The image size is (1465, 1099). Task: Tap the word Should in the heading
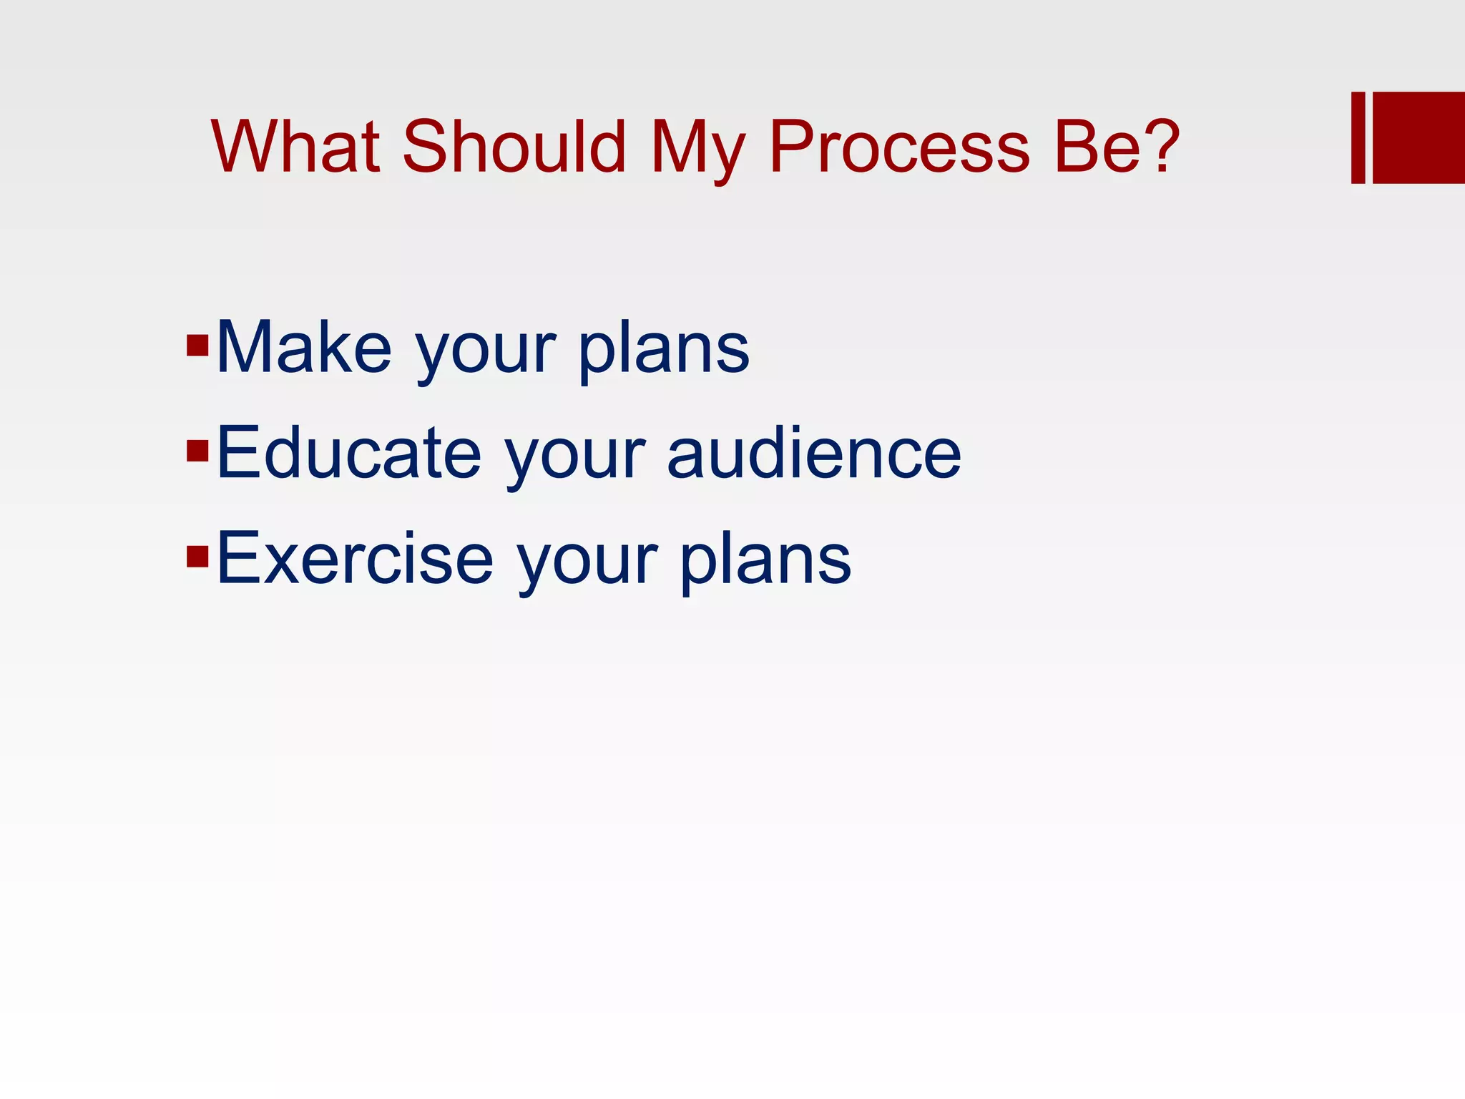(x=514, y=147)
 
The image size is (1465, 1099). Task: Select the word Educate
(x=349, y=454)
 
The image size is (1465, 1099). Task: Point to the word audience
(x=814, y=454)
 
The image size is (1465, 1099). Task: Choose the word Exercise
(x=355, y=559)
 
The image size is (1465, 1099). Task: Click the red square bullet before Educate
(x=197, y=451)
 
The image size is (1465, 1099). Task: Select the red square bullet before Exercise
(x=197, y=556)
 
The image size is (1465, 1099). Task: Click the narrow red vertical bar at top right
(x=1358, y=137)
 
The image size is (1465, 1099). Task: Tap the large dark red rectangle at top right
(x=1419, y=137)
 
